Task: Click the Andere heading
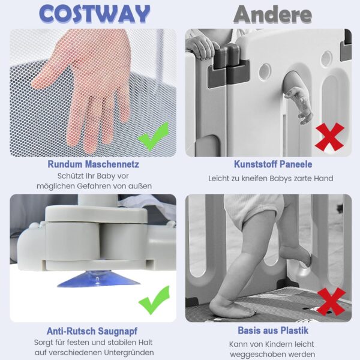point(272,14)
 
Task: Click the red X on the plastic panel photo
point(329,137)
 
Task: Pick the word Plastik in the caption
point(294,331)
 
